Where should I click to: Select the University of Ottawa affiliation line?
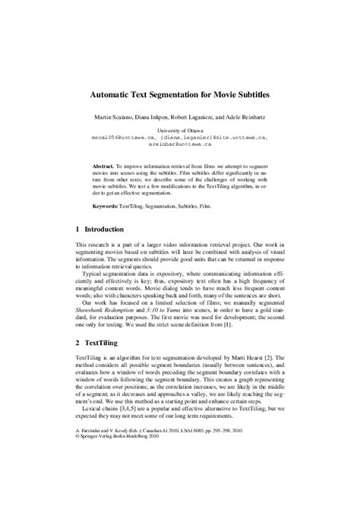(179, 131)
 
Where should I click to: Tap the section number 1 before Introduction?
(77, 229)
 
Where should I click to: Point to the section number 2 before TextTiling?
(77, 343)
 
